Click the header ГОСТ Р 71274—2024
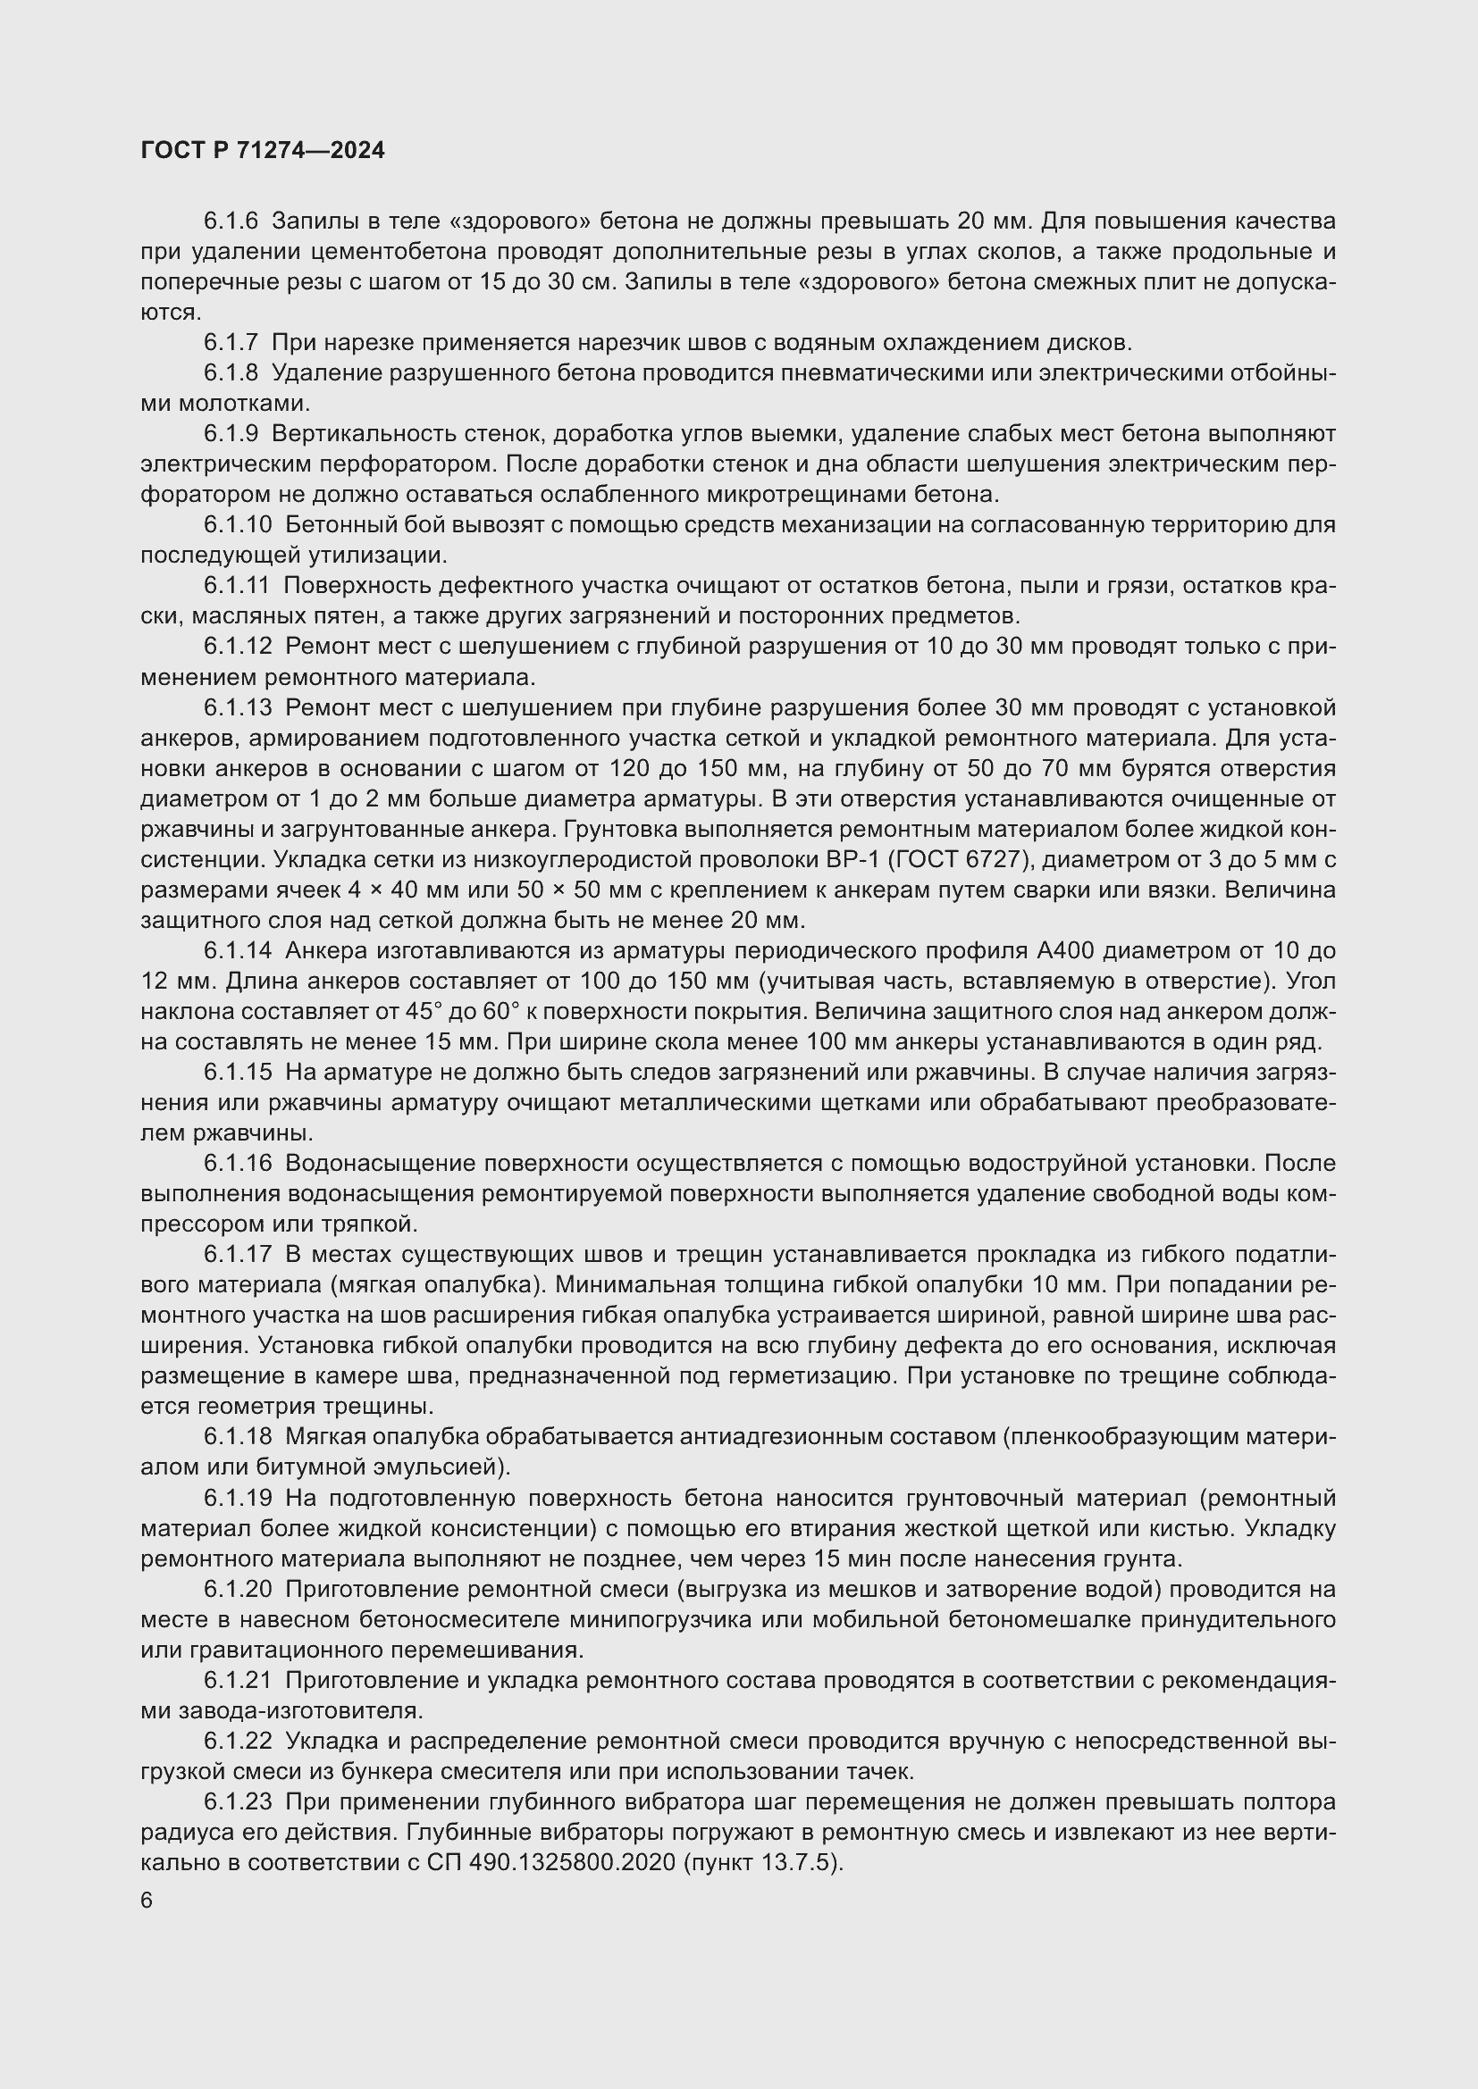tap(263, 150)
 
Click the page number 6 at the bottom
tap(147, 1901)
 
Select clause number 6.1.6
tap(231, 221)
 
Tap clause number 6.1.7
tap(231, 343)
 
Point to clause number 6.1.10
tap(238, 525)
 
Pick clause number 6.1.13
tap(238, 708)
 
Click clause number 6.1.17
tap(238, 1255)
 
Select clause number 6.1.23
tap(238, 1801)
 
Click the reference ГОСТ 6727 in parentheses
tap(940, 860)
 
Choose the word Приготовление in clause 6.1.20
tap(378, 1589)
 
